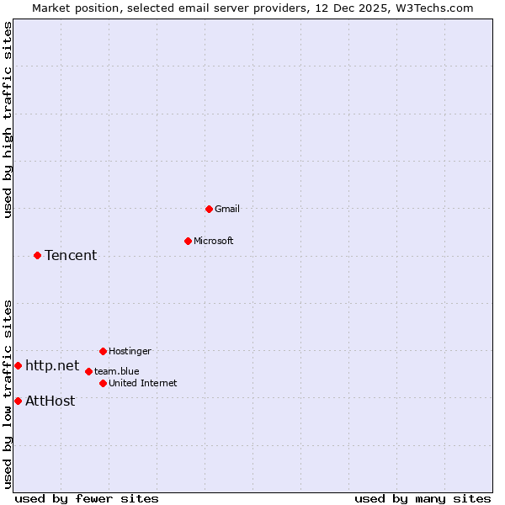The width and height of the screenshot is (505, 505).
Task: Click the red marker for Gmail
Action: (210, 209)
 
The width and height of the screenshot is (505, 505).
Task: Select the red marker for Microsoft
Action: (188, 241)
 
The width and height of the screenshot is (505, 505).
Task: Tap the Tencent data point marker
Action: (37, 255)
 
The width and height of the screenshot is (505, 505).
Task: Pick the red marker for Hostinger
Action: (103, 351)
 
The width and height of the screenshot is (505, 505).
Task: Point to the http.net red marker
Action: (18, 366)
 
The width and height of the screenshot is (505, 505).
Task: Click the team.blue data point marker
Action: (88, 371)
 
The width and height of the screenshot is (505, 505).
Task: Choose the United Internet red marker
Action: (103, 383)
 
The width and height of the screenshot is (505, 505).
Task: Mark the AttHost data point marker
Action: (18, 401)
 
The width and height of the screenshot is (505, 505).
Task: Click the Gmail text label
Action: (227, 209)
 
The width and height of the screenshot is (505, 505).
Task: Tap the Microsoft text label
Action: (214, 241)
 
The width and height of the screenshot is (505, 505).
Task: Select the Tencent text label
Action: (71, 255)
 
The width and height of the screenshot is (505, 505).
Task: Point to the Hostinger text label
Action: (130, 351)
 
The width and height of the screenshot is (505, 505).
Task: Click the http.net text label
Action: (52, 366)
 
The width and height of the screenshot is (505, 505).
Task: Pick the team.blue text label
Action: (117, 371)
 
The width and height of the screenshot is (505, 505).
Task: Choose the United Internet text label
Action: (143, 383)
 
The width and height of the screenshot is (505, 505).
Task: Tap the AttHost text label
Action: (50, 401)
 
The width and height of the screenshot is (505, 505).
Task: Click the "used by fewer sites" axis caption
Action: (87, 498)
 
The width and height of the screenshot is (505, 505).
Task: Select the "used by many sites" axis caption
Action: (423, 498)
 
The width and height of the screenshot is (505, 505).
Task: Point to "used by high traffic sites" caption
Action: (8, 120)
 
